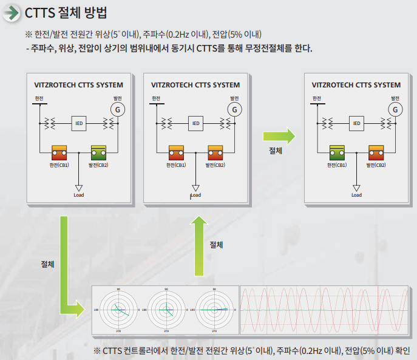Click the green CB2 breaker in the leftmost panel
[98, 152]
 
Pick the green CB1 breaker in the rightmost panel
[337, 152]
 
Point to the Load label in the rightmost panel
[356, 195]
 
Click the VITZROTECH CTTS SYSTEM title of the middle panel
[195, 85]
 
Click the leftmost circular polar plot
[118, 310]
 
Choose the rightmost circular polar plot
[213, 310]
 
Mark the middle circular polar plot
[166, 310]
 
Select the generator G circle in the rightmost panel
[396, 109]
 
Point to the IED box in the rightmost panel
[356, 123]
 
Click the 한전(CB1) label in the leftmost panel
[59, 165]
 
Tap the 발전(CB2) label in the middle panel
[215, 165]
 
